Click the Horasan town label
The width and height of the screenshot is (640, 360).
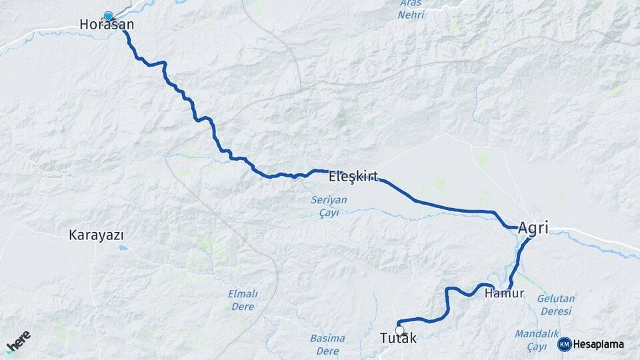(x=107, y=25)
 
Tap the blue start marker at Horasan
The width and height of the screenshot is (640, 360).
(x=108, y=15)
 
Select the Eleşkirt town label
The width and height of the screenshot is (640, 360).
(x=353, y=177)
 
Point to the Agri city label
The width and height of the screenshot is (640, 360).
(x=533, y=228)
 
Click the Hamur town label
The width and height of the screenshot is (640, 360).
(x=505, y=293)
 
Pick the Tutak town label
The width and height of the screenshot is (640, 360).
(x=398, y=339)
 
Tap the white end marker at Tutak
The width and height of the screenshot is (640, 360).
(x=399, y=330)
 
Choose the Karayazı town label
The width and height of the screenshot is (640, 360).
(x=97, y=235)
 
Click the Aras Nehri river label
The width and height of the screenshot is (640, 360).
(x=411, y=9)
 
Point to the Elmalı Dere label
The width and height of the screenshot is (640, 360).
(x=243, y=299)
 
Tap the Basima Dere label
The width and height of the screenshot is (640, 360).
(x=327, y=344)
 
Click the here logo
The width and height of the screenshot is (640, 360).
(x=19, y=341)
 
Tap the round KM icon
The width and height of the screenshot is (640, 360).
(x=565, y=344)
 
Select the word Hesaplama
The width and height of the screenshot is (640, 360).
(x=599, y=344)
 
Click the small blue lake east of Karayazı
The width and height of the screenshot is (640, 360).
(x=123, y=248)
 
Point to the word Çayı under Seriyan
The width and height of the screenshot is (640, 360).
(x=329, y=213)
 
